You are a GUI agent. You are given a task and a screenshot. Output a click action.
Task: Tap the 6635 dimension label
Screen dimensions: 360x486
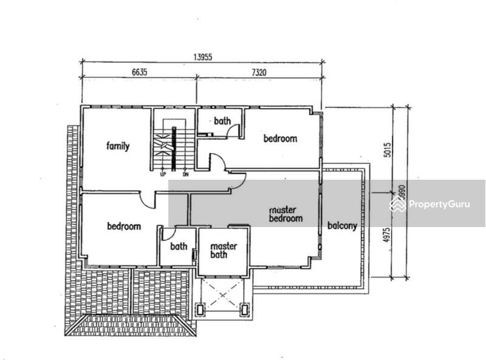point(139,72)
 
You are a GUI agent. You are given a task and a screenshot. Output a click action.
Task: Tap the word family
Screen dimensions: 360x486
point(118,146)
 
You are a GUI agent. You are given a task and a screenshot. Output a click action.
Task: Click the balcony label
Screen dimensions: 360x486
point(342,226)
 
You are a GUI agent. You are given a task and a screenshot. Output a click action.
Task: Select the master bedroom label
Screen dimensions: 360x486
point(286,214)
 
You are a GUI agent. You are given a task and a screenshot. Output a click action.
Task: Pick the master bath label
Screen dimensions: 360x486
point(222,251)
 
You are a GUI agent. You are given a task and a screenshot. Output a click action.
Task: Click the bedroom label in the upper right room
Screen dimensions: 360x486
point(280,138)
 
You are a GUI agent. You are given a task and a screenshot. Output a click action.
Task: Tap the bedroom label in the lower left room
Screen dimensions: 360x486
point(124,226)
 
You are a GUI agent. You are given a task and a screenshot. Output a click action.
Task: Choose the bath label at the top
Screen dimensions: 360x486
point(222,121)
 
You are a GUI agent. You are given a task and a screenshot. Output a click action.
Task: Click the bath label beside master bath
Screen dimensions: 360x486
point(179,246)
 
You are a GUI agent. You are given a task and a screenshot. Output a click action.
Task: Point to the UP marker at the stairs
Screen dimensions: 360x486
point(163,174)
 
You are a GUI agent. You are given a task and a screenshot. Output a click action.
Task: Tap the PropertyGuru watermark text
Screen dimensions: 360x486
point(439,205)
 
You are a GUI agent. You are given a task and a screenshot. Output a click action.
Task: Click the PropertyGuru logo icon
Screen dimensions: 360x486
point(398,204)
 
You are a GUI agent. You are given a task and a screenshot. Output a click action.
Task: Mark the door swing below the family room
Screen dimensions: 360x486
point(146,200)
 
